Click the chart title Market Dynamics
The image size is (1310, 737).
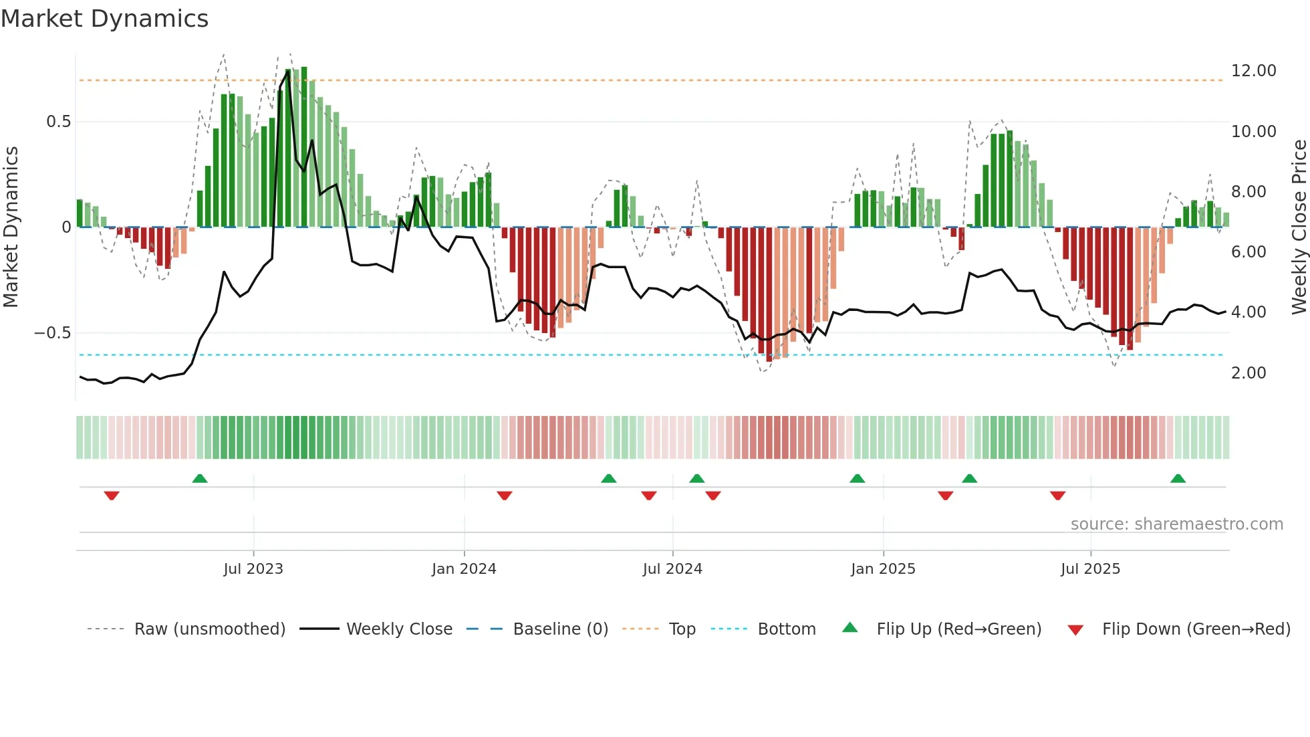click(104, 19)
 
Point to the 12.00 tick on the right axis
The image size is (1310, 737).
click(1253, 71)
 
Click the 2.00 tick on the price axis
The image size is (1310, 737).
click(1248, 373)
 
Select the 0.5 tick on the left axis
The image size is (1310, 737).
click(58, 122)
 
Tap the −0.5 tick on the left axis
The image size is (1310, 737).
click(52, 333)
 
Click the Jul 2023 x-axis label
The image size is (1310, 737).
click(253, 569)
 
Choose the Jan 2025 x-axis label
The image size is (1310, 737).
click(883, 569)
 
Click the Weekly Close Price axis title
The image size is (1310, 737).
click(1299, 227)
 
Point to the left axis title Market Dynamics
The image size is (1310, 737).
click(11, 227)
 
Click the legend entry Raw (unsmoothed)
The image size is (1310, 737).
click(209, 629)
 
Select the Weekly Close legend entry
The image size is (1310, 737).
click(399, 629)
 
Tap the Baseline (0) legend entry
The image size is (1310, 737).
click(560, 629)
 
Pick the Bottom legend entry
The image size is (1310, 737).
click(786, 629)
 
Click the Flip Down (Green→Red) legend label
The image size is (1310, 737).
click(1196, 629)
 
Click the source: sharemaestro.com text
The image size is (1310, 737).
click(1176, 524)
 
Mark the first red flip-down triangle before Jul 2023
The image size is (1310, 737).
click(112, 496)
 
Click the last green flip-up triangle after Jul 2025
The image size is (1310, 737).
click(1178, 479)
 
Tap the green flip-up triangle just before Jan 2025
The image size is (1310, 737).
click(857, 479)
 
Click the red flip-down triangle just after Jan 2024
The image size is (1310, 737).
click(505, 496)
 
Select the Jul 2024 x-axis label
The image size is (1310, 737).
click(672, 569)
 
